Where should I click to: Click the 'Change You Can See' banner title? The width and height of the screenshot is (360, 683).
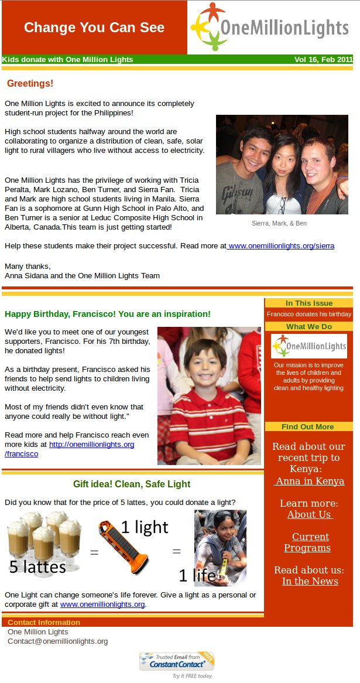click(94, 28)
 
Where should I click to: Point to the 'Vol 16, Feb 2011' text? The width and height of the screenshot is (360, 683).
click(323, 59)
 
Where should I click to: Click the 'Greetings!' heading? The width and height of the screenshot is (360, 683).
click(30, 84)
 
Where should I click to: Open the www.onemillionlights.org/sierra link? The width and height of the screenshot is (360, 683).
click(281, 246)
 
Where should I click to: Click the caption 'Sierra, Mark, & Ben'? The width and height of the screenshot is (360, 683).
click(279, 223)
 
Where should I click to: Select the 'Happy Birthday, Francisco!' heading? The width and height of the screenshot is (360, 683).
click(107, 314)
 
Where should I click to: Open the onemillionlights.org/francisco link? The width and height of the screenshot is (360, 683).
click(91, 445)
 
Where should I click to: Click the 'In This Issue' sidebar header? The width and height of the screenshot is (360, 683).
click(308, 303)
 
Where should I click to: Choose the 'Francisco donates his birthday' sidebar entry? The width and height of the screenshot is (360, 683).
click(308, 314)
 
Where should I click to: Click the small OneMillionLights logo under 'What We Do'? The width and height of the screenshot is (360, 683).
click(308, 346)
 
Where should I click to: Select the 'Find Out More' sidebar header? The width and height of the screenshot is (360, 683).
click(308, 426)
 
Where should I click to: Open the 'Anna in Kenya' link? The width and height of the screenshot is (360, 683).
click(309, 481)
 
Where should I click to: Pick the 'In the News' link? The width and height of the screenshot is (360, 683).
click(310, 581)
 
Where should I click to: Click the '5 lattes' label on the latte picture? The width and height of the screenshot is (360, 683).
click(37, 566)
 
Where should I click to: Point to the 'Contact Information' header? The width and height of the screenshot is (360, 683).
click(44, 622)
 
